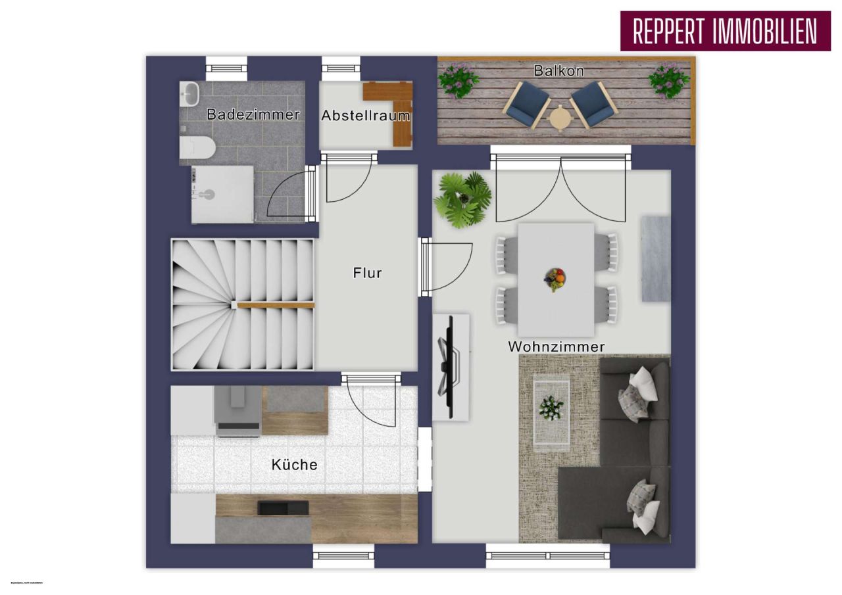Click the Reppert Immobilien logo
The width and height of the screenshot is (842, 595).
(x=725, y=31)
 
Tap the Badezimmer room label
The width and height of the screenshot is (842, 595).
(x=253, y=114)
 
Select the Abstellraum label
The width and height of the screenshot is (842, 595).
(x=365, y=116)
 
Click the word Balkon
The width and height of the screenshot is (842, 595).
(x=559, y=71)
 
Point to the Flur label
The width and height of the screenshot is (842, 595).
(x=367, y=273)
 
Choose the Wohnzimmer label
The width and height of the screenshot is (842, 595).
(x=556, y=346)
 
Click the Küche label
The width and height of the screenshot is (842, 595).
(x=294, y=465)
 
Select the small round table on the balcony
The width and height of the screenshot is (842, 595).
(x=560, y=118)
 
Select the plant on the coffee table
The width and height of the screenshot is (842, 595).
(x=551, y=408)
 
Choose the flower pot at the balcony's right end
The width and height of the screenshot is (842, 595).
(x=669, y=80)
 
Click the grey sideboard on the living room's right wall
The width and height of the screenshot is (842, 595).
(x=655, y=258)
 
